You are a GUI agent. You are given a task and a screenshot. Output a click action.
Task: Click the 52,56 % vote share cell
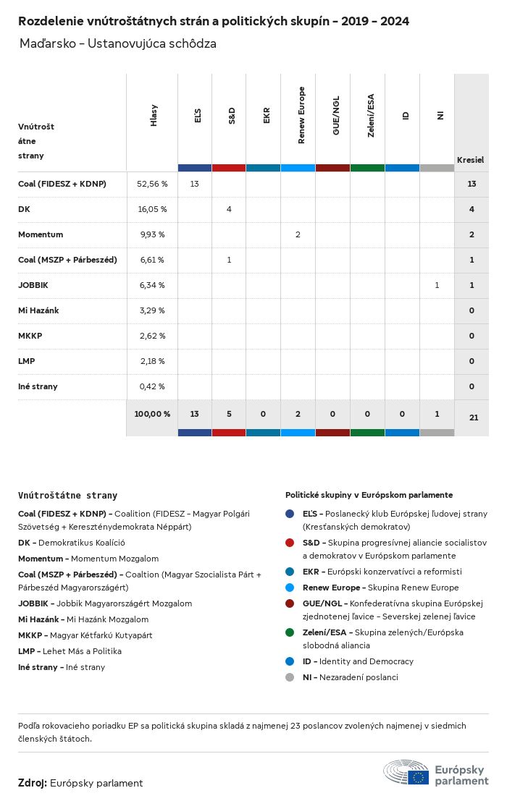tap(152, 184)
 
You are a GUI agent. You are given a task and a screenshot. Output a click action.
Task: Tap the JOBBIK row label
tap(33, 285)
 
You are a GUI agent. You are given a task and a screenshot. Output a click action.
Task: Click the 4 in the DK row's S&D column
tap(229, 209)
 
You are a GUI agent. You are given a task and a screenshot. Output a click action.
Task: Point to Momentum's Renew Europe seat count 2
tap(298, 234)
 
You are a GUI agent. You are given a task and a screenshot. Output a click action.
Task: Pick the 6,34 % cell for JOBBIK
tap(152, 285)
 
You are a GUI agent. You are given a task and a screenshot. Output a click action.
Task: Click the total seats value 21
tap(472, 417)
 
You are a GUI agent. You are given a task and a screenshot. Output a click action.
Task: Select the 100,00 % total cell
tap(152, 414)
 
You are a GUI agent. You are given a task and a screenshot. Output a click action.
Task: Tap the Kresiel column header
tap(471, 159)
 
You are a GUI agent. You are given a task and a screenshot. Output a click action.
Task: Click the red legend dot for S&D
tap(290, 543)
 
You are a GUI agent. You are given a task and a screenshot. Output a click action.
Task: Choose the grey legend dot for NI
tap(290, 677)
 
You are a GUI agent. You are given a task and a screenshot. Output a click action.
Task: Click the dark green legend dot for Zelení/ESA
tap(290, 632)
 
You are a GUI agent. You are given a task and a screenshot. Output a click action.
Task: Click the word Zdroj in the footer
tap(33, 783)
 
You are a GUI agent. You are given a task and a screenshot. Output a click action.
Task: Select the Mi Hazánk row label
tap(38, 310)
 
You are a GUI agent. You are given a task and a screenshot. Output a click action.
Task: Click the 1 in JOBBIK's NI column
tap(437, 285)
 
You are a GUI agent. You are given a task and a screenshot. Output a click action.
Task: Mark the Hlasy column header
tap(154, 116)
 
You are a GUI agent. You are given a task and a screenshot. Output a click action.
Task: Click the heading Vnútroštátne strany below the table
tap(67, 496)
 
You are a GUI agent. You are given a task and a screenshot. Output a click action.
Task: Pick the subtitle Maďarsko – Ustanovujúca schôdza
tap(118, 44)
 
